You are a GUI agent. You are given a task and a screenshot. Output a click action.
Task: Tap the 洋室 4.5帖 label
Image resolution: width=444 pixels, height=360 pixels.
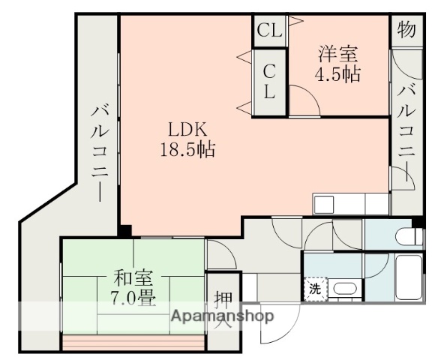click(339, 64)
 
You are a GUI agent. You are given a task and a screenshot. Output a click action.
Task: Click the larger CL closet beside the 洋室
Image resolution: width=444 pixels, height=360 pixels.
click(268, 82)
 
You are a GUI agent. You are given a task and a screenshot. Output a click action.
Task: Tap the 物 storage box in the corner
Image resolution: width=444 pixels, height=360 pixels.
click(406, 31)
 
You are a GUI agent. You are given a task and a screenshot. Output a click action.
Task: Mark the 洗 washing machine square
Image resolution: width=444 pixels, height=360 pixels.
click(313, 289)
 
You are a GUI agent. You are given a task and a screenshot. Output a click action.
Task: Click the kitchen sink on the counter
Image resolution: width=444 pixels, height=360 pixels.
click(327, 205)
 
